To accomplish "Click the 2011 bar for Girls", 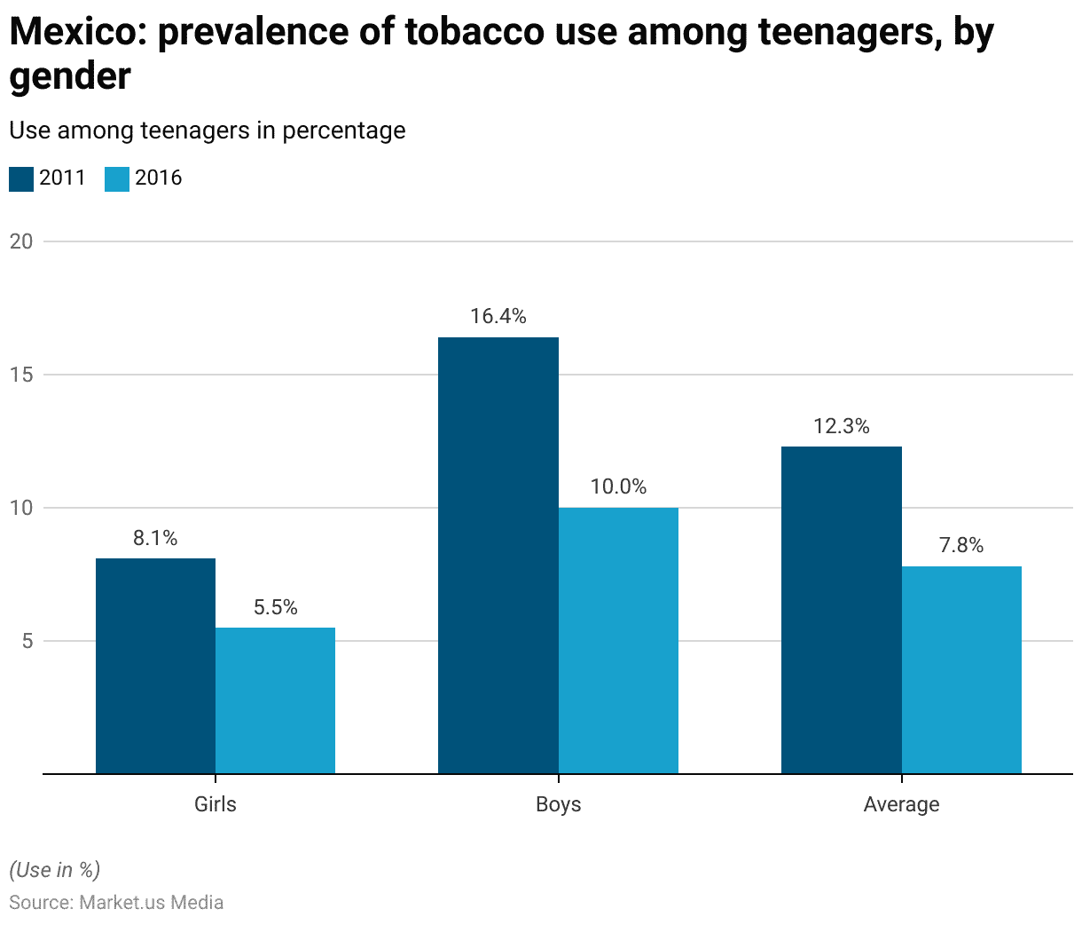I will coord(155,666).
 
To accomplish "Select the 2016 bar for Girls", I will coord(275,700).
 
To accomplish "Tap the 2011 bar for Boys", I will coord(498,555).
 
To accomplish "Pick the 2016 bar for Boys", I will coord(618,640).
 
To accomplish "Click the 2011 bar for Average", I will coord(841,610).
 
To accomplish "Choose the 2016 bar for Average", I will coord(961,669).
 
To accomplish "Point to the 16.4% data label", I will coord(498,316).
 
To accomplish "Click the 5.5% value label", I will coord(275,607).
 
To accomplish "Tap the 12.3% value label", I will coord(841,426).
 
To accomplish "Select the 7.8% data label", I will coord(961,545).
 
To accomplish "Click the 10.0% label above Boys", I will coord(618,486).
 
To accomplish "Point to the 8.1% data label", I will coord(155,538).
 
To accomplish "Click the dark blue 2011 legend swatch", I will coord(21,178).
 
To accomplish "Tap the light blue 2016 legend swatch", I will coord(117,178).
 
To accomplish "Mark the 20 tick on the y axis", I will coord(21,241).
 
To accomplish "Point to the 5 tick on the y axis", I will coord(27,641).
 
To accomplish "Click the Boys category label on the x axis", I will coord(558,804).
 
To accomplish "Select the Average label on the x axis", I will coord(901,804).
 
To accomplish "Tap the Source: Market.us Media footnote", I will coord(116,903).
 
